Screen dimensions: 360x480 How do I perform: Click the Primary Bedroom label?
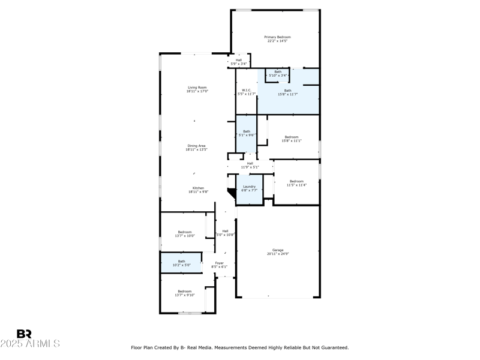277,37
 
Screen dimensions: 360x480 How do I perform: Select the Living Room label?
197,88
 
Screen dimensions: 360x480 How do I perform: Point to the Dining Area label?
197,146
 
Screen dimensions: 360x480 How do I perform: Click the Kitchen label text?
198,188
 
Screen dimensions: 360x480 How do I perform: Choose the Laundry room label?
248,187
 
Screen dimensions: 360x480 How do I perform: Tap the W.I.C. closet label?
246,91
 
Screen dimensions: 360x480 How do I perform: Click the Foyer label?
220,263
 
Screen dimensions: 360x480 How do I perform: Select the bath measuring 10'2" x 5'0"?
181,262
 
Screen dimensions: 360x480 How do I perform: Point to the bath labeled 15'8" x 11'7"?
288,91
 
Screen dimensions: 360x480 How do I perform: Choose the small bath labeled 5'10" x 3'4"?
278,73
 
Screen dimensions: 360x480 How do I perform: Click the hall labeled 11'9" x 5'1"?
250,164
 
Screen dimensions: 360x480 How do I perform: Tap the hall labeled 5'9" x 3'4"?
239,61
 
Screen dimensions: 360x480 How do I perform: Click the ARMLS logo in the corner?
30,339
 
